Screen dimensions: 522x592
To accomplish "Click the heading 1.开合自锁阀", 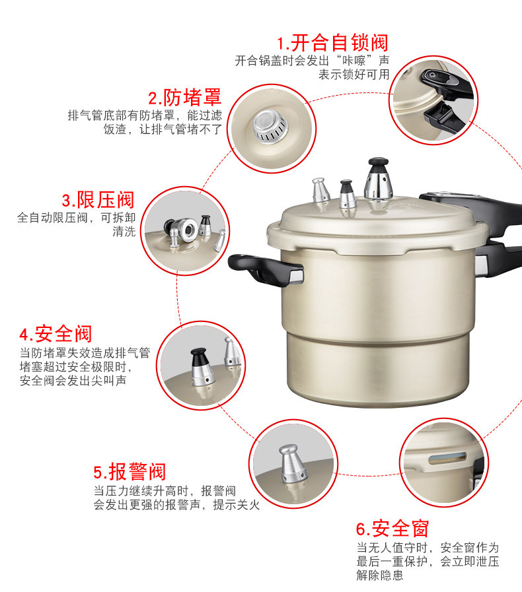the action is tap(332, 43).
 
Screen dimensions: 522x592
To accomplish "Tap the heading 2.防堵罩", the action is tap(184, 98).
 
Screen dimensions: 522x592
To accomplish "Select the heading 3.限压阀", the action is tap(98, 200).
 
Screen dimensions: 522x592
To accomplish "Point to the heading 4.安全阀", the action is tap(56, 334).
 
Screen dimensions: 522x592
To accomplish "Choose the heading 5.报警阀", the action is tap(130, 472).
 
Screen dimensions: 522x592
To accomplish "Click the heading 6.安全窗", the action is tap(392, 529).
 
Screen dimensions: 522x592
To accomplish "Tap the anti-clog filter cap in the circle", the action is tap(270, 127).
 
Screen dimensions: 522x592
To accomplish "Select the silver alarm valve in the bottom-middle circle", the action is tap(293, 464).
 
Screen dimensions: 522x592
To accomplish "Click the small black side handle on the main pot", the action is tap(266, 269).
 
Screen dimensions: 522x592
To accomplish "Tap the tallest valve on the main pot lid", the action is tap(378, 179).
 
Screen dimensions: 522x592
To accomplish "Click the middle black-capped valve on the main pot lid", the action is tap(348, 194).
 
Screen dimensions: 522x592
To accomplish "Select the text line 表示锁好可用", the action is tap(354, 75).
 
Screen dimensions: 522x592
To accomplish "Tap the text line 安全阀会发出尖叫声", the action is tap(73, 381).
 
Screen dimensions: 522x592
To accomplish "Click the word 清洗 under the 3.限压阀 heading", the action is tap(124, 232).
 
